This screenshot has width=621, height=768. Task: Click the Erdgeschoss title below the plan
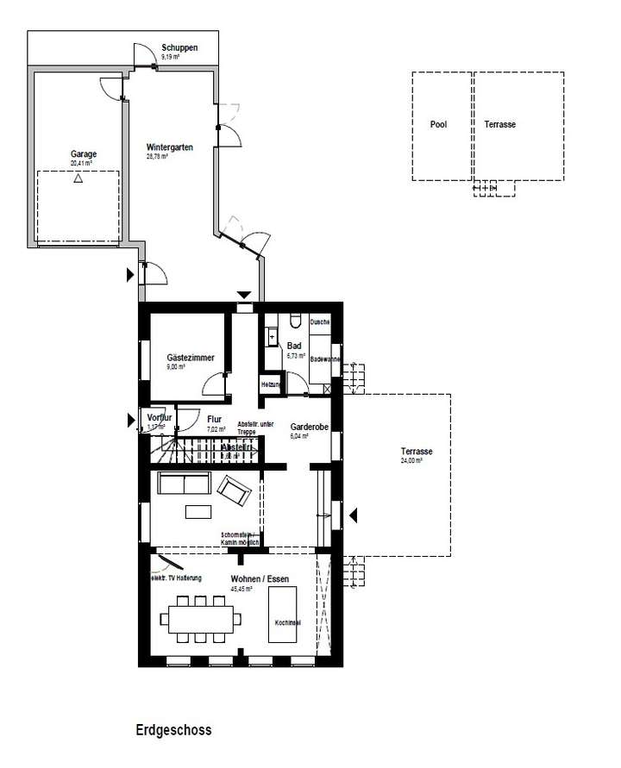[x=172, y=730]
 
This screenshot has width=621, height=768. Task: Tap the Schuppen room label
[x=179, y=47]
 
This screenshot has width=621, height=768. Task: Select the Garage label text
[x=84, y=154]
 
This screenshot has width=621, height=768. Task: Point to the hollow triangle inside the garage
[x=78, y=179]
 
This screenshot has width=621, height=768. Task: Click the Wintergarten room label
[x=169, y=147]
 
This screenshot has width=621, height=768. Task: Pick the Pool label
[x=438, y=125]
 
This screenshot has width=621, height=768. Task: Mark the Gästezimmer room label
[x=191, y=358]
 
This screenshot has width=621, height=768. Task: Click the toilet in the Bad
[x=296, y=322]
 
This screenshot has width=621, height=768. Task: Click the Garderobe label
[x=307, y=426]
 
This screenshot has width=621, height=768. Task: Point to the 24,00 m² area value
[x=411, y=461]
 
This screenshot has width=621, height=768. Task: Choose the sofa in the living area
[x=183, y=484]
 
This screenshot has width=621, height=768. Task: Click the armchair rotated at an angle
[x=234, y=490]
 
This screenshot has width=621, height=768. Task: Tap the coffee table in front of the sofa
[x=198, y=512]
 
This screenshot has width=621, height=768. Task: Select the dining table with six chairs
[x=199, y=619]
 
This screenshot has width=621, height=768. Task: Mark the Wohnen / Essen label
[x=260, y=579]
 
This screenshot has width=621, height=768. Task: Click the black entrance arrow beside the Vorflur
[x=131, y=420]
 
